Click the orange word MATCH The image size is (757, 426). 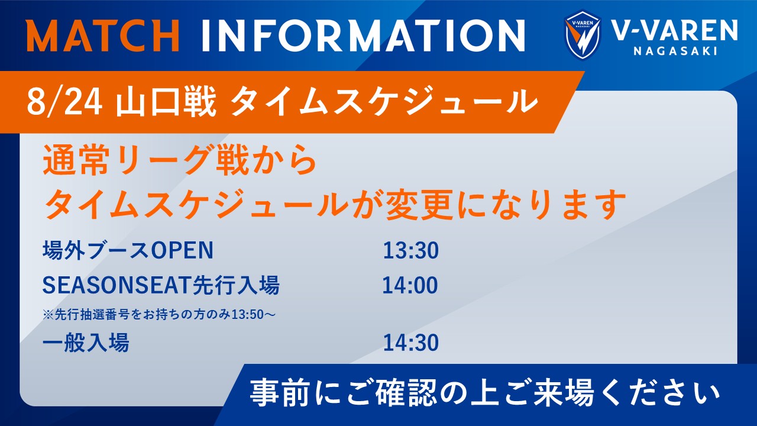point(103,35)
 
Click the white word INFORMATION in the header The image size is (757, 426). point(363,35)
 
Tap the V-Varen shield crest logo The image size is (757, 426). point(583,35)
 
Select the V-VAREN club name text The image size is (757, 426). point(675,30)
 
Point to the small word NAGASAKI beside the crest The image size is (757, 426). point(675,51)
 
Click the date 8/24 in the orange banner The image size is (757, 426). point(64,101)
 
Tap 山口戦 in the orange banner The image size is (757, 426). point(166,101)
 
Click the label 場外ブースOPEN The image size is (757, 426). point(128,250)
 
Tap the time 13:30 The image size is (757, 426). point(410,250)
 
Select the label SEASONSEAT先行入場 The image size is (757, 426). point(161,285)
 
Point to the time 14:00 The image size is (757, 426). point(410,285)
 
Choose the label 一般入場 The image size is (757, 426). point(86,343)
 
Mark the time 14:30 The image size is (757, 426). point(410,343)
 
